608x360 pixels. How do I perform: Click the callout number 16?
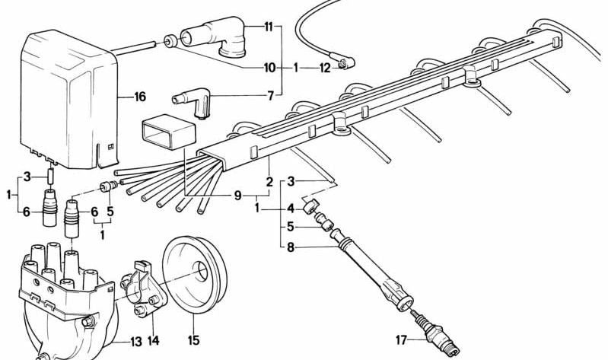(x=139, y=97)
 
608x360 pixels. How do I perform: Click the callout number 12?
(x=325, y=68)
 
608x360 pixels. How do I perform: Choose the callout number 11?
(x=268, y=27)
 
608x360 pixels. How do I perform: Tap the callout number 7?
(x=269, y=97)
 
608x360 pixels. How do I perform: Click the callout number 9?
(x=239, y=195)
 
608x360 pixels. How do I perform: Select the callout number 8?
(x=290, y=247)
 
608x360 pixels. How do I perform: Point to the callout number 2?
(x=269, y=183)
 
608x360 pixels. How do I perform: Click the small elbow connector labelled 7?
(x=193, y=101)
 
